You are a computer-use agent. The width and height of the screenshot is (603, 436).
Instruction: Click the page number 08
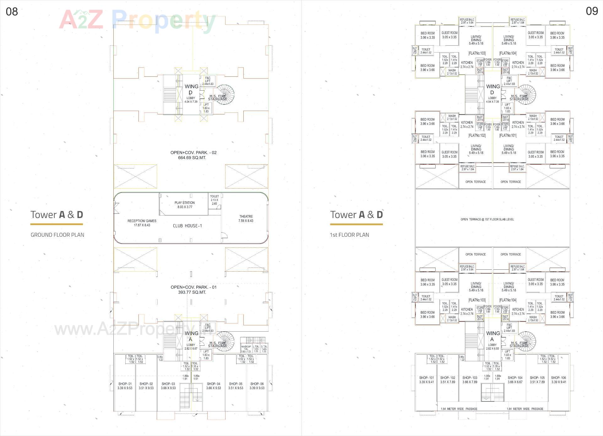12,12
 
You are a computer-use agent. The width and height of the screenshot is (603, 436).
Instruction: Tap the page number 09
592,11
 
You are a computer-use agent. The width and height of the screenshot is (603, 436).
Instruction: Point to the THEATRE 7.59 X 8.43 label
246,218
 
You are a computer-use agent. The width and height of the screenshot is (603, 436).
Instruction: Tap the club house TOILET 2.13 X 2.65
214,200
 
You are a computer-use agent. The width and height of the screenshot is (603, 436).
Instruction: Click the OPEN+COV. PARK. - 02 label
193,152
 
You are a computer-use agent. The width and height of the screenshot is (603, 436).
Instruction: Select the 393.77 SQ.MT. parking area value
192,292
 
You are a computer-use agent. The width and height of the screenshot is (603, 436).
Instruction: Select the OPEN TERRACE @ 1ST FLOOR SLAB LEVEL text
487,219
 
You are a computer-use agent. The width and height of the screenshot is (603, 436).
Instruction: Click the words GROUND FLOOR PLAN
57,235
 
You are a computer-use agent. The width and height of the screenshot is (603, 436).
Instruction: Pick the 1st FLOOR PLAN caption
349,235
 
